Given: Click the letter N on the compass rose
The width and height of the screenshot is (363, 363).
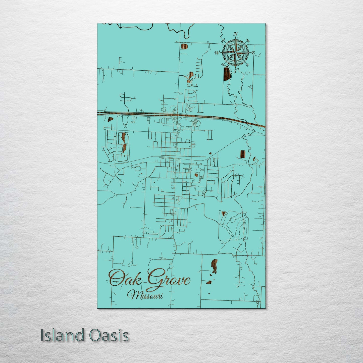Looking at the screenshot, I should pyautogui.click(x=236, y=34).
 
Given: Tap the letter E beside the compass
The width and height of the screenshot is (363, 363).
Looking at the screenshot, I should pyautogui.click(x=253, y=53).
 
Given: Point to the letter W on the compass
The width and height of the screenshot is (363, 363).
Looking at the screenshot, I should pyautogui.click(x=217, y=53).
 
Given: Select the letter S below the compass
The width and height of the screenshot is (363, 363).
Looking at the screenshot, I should pyautogui.click(x=235, y=71).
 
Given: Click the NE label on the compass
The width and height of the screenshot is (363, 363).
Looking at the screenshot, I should pyautogui.click(x=247, y=40).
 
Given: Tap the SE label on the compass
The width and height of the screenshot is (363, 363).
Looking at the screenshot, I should pyautogui.click(x=247, y=65).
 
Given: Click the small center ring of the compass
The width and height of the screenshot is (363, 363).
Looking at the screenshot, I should pyautogui.click(x=235, y=53).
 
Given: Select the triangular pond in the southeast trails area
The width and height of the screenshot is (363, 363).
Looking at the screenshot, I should pyautogui.click(x=223, y=214).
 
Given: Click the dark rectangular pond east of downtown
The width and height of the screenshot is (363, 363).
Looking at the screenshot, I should pyautogui.click(x=242, y=154).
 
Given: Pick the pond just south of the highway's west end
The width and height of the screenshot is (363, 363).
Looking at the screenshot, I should pyautogui.click(x=110, y=120).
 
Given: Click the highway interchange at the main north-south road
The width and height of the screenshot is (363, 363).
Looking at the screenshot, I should pyautogui.click(x=177, y=116).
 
